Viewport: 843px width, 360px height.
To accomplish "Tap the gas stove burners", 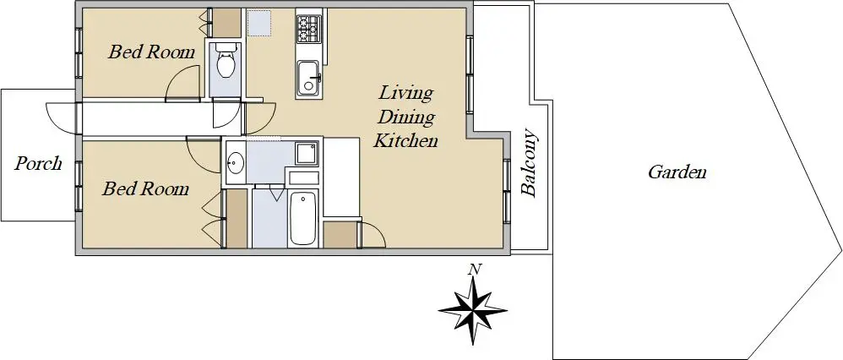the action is click(x=308, y=29).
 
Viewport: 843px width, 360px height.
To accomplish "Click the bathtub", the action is click(x=303, y=219).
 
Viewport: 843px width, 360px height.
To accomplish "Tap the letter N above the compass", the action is click(x=474, y=270).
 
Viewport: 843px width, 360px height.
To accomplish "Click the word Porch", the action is click(x=38, y=163).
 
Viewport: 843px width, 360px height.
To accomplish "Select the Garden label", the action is click(x=677, y=172).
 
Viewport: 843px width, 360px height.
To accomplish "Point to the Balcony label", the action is click(x=530, y=162).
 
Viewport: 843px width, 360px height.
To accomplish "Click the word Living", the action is click(x=406, y=93).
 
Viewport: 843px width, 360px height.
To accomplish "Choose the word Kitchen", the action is click(x=406, y=141).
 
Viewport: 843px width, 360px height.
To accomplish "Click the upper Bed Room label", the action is click(x=151, y=52).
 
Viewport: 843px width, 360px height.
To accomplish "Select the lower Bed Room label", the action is click(x=145, y=189).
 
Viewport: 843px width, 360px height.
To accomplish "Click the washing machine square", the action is click(x=307, y=154).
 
